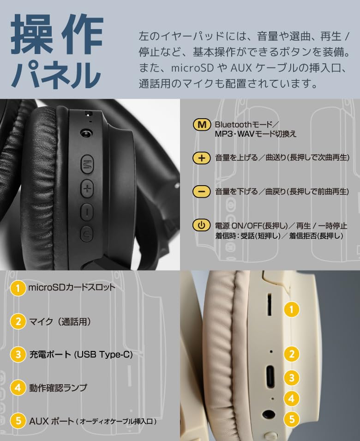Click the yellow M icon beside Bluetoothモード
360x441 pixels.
(201, 125)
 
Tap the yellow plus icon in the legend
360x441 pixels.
(201, 158)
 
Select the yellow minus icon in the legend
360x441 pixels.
(201, 191)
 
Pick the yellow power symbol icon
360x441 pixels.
(201, 225)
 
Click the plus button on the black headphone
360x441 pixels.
(88, 188)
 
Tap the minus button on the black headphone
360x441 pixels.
(87, 211)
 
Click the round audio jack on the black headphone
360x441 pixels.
(85, 133)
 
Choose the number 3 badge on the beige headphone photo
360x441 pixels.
(291, 378)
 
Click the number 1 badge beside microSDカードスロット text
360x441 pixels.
(18, 289)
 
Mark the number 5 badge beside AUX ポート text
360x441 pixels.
(18, 421)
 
